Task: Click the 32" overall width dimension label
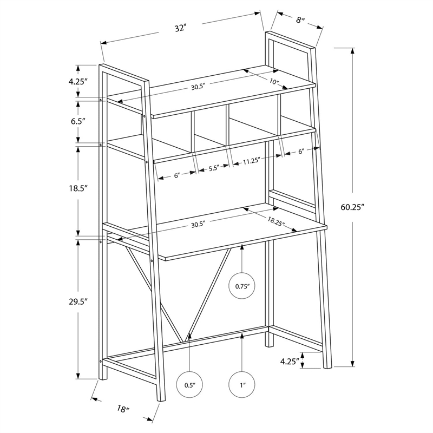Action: pos(180,28)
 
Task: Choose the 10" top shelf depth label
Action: pos(274,82)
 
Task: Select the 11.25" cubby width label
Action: pos(252,161)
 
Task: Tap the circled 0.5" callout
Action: pos(189,385)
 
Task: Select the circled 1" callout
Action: pos(241,385)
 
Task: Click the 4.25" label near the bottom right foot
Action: pos(290,361)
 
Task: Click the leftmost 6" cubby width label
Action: pos(176,175)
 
